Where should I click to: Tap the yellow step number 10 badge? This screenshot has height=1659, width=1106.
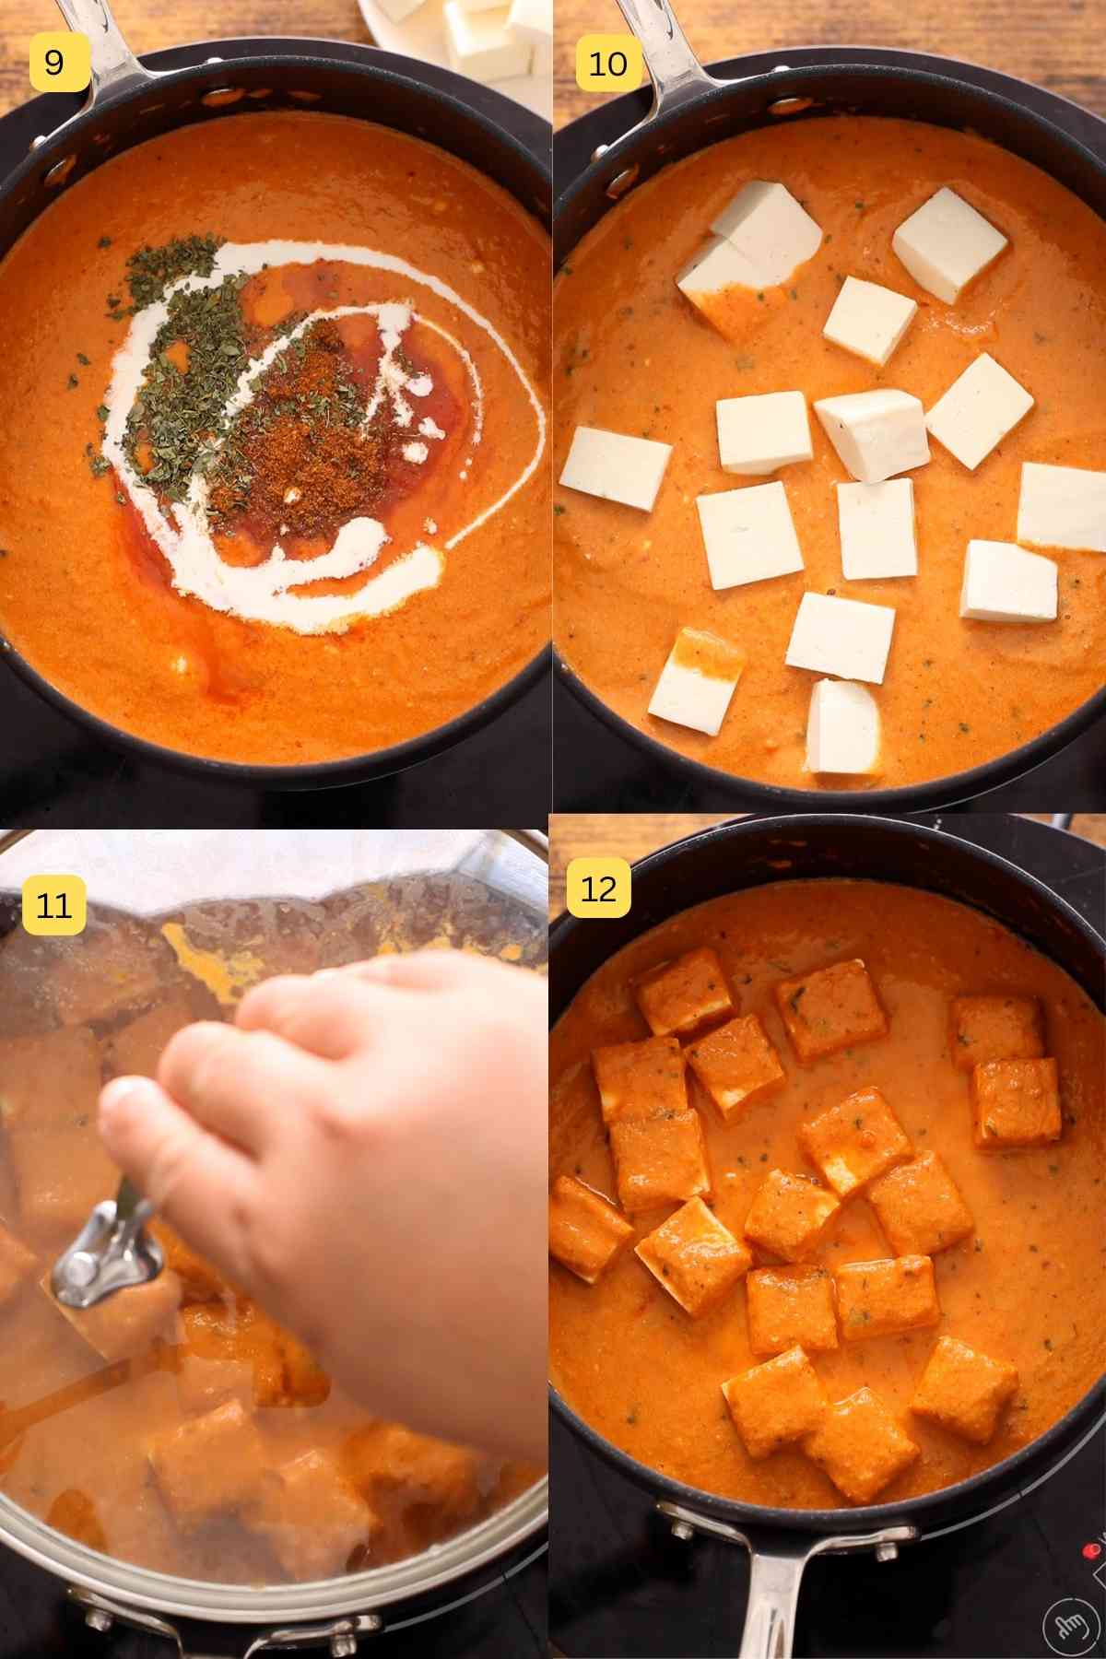[x=607, y=63]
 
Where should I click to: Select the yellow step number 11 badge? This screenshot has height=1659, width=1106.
[x=53, y=905]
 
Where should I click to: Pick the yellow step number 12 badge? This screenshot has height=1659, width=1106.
[x=597, y=889]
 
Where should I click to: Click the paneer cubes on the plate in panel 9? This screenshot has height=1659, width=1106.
[x=488, y=28]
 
